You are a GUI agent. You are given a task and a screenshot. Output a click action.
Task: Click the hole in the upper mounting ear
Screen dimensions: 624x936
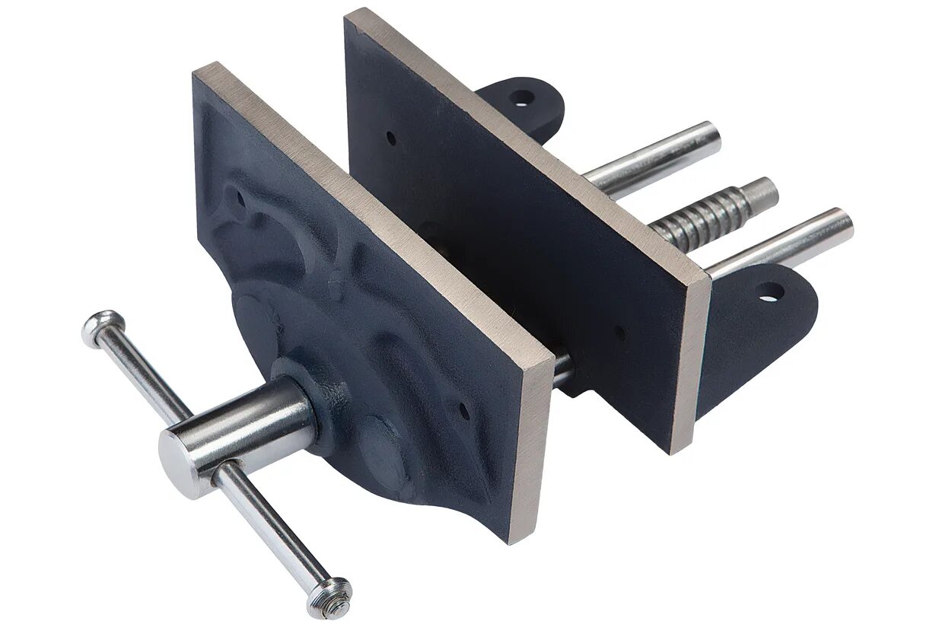click(x=522, y=97)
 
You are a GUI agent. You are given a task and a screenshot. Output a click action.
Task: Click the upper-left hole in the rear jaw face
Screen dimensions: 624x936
click(x=390, y=139)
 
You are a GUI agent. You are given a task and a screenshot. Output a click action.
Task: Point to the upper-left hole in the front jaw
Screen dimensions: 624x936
click(x=242, y=196)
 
